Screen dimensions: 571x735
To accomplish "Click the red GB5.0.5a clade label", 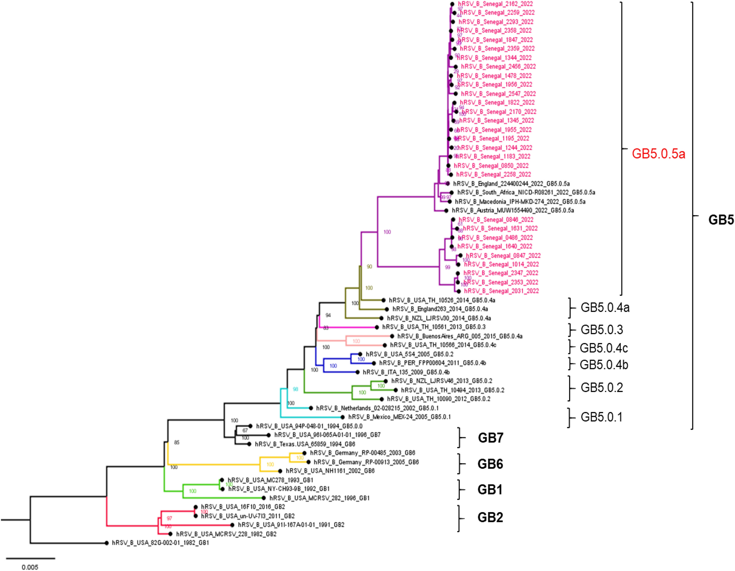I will click(658, 154).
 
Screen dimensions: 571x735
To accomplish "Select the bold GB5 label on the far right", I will click(721, 220).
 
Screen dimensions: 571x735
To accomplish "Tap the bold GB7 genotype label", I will click(490, 438).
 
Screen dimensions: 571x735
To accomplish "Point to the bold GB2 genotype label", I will click(490, 517).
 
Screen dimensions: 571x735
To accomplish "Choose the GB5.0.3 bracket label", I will click(602, 330).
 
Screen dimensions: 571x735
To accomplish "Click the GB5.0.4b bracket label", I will click(604, 365).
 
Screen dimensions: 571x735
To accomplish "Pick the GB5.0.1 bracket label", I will click(601, 417).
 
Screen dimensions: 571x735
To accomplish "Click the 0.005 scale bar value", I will click(30, 567).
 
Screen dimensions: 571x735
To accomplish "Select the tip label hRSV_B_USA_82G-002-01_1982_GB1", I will click(160, 543).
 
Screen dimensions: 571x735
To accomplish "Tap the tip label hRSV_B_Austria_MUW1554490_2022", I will click(513, 211).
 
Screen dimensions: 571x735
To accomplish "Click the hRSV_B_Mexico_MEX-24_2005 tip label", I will click(399, 417).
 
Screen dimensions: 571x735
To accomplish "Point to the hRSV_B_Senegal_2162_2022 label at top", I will click(495, 4).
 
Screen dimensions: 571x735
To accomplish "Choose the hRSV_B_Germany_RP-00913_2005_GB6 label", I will click(366, 462).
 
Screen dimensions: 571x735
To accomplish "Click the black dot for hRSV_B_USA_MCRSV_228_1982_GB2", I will click(170, 534).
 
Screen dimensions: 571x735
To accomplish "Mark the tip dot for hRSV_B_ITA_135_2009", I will click(357, 372).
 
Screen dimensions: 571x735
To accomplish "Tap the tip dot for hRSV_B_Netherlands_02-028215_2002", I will click(311, 408).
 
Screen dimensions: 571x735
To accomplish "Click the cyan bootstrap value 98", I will click(295, 389).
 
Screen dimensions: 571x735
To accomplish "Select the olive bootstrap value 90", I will click(369, 267).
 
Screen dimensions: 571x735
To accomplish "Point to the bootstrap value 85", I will click(177, 442).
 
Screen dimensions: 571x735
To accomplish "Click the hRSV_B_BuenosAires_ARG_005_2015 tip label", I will click(460, 336).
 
